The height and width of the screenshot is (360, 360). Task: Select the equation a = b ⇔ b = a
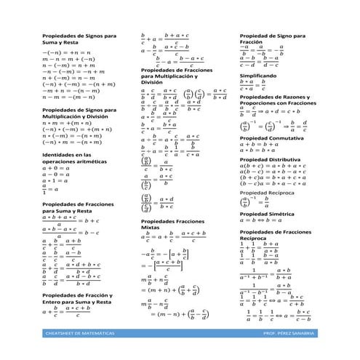coord(261,223)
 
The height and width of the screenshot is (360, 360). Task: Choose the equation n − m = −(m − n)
coord(68,95)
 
